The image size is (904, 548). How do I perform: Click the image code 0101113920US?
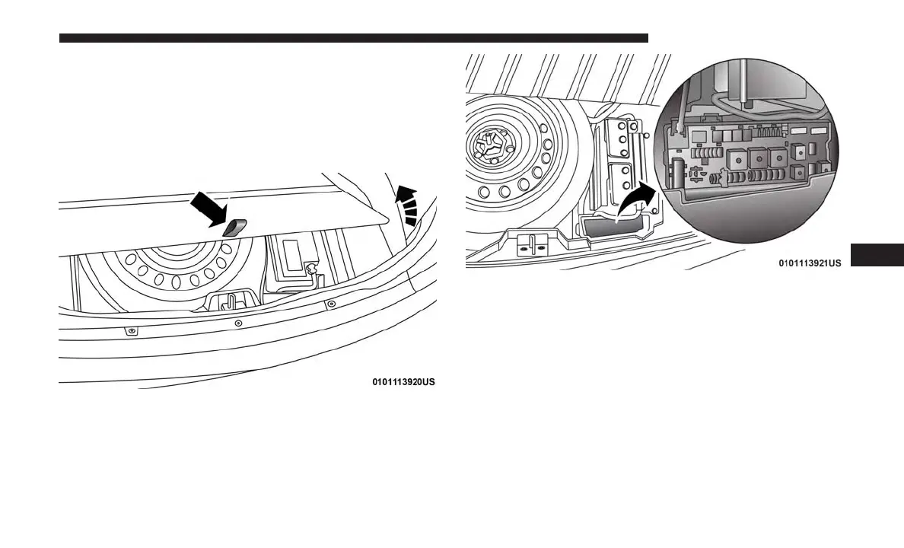tap(403, 382)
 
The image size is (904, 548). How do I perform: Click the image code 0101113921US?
tap(809, 263)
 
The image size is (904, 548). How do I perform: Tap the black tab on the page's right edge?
tap(877, 255)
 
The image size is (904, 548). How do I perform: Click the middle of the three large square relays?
tap(759, 158)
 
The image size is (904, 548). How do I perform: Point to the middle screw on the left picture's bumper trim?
tap(238, 322)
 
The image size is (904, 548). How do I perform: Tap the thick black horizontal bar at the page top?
tap(353, 38)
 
